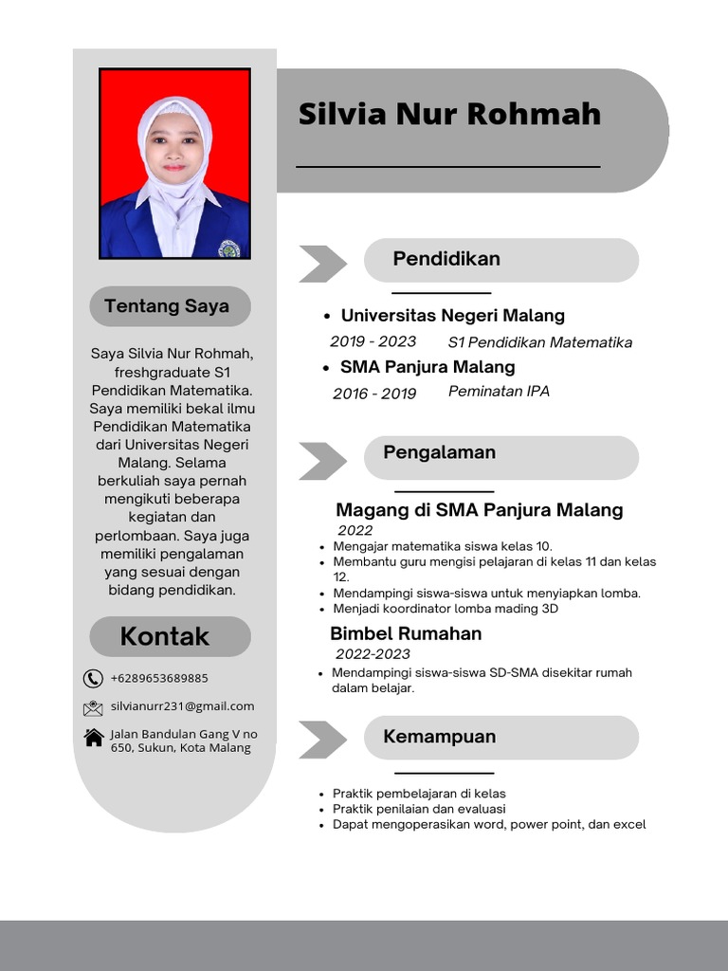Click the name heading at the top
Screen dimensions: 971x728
[449, 114]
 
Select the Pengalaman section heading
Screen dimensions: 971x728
[439, 452]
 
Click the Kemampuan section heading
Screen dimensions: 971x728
[439, 737]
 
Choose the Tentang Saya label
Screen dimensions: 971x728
[167, 306]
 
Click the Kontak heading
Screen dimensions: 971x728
[165, 636]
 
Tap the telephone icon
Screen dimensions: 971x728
[93, 678]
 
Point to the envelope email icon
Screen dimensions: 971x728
[93, 707]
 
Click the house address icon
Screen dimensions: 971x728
[93, 737]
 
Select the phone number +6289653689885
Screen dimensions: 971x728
[159, 678]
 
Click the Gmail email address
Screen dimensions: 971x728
[182, 706]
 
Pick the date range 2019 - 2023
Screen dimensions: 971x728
[373, 341]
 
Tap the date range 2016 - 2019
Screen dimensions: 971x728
[374, 394]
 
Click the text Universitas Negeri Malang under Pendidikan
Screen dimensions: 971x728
[452, 316]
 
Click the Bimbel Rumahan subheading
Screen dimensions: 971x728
[406, 633]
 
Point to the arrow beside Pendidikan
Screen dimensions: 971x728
[321, 264]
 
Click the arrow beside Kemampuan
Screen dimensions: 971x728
[321, 740]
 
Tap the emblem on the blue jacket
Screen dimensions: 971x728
[228, 248]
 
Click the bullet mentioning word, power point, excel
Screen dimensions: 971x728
[488, 825]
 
